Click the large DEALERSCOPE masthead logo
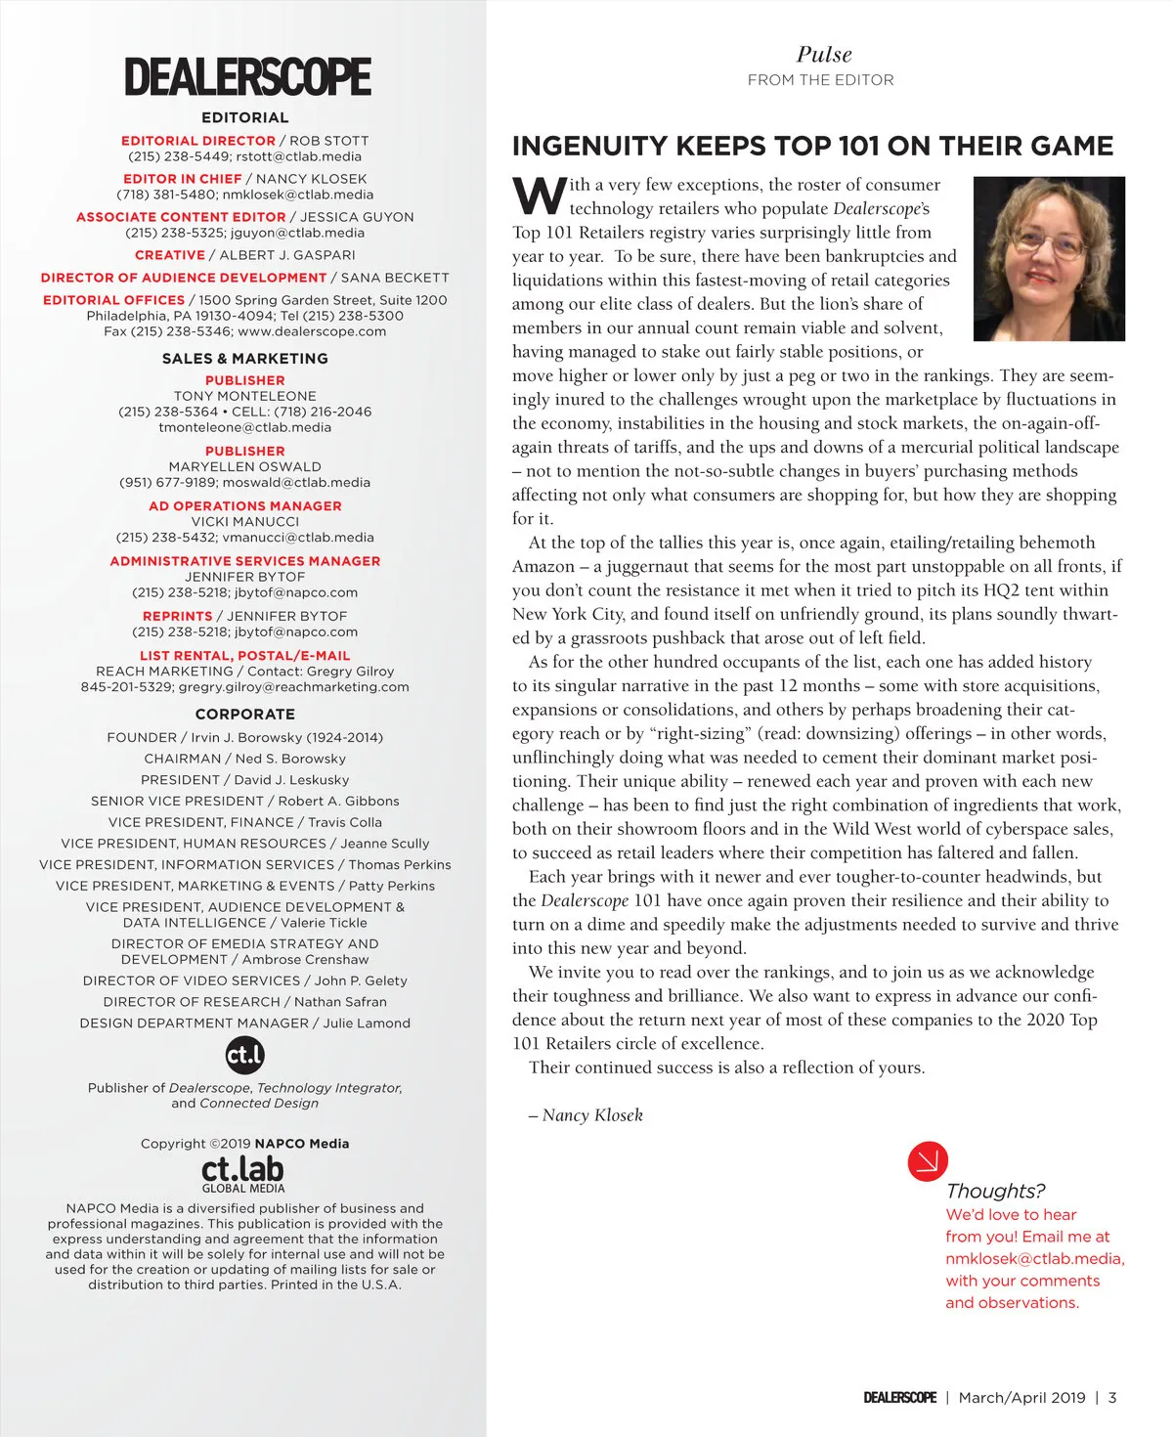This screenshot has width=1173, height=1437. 247,77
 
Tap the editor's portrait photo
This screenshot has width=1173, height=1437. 1050,259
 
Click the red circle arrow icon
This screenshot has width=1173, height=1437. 928,1161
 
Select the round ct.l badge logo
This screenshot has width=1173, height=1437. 244,1055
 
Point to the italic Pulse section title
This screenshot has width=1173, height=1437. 824,55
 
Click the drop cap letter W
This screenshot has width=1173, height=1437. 539,196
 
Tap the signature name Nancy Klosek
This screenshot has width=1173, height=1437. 592,1115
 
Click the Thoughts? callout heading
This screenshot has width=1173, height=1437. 995,1191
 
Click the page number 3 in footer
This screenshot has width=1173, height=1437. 1112,1398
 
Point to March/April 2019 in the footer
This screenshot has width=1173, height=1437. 1021,1398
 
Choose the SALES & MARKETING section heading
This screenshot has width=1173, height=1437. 245,359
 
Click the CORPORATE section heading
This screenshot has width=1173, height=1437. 245,715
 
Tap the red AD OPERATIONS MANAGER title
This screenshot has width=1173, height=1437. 245,506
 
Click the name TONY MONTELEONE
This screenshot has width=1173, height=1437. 245,396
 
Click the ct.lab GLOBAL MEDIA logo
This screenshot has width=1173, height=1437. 243,1173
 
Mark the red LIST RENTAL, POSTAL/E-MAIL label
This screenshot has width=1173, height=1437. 245,656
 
